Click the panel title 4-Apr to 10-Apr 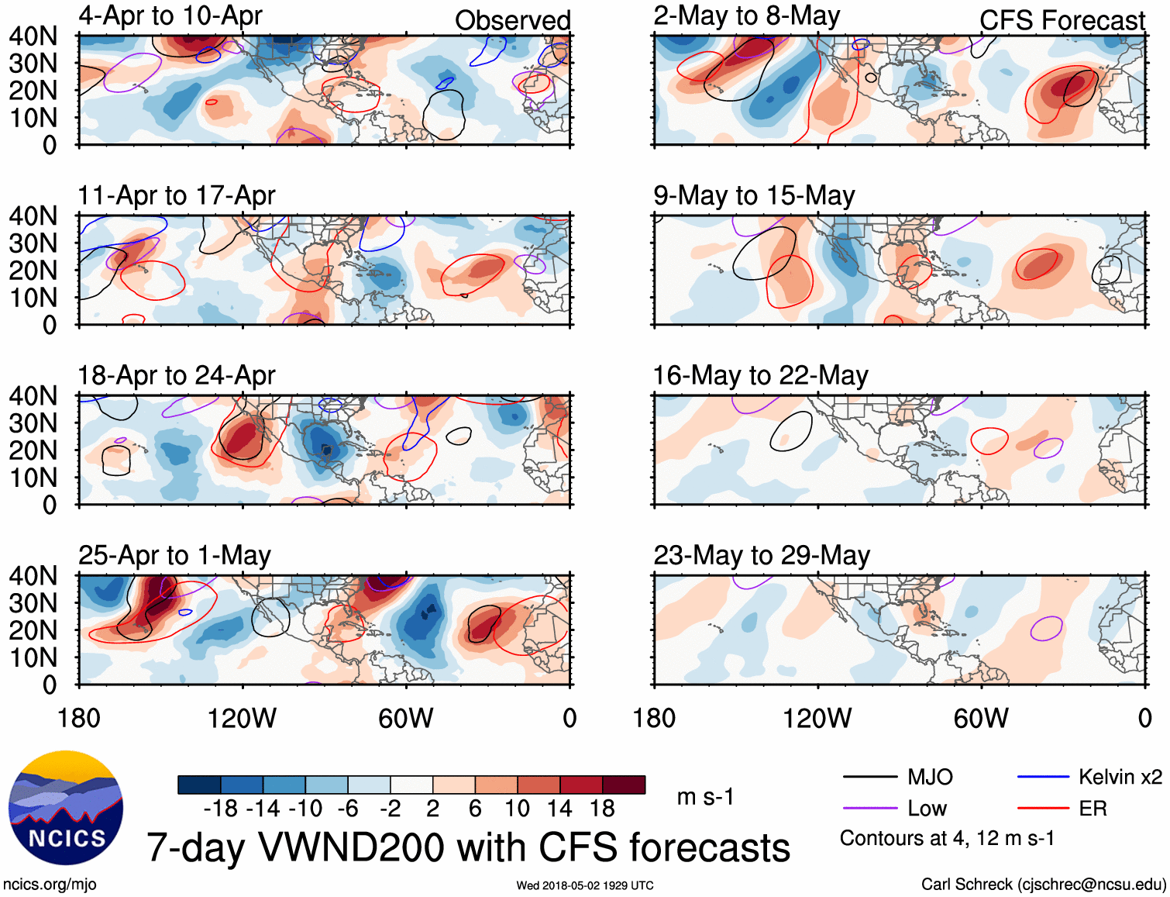[170, 16]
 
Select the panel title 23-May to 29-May [762, 555]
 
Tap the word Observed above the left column [512, 20]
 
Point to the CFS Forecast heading [1062, 20]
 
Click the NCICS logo [66, 808]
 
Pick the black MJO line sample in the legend [869, 777]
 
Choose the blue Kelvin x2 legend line [1043, 777]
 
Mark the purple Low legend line [869, 809]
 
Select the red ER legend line [1043, 809]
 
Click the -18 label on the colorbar [221, 809]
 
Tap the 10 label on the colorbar [517, 809]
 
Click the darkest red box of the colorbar [624, 785]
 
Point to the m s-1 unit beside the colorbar [705, 797]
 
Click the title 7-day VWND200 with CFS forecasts [468, 847]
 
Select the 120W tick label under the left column [242, 718]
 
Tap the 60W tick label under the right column [981, 718]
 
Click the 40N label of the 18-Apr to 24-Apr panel [33, 396]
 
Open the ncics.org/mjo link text [50, 885]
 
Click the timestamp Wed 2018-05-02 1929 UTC [585, 885]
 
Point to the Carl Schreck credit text [1043, 885]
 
